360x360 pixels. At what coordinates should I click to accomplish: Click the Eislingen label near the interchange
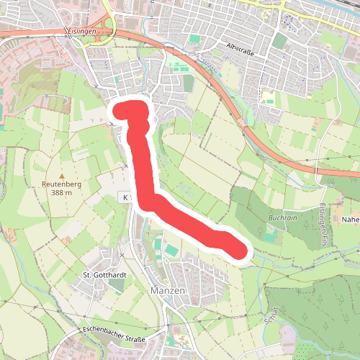[81, 32]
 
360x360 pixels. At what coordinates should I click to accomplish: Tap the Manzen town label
[168, 289]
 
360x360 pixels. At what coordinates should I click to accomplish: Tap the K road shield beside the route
[125, 197]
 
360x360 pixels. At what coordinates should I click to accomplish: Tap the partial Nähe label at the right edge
[351, 220]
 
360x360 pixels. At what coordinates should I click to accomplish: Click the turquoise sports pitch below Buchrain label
[269, 236]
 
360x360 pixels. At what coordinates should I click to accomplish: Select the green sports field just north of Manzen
[172, 251]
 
